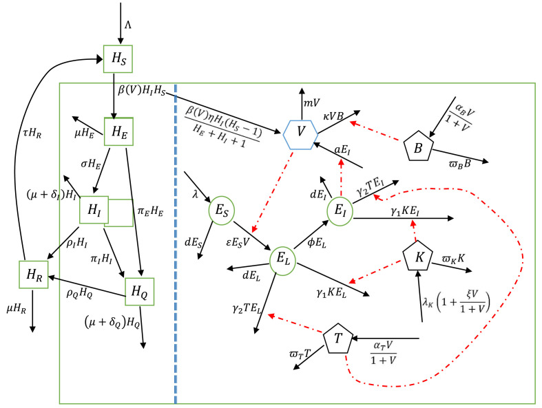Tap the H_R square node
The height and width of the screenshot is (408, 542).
point(32,275)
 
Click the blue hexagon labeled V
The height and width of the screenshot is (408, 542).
point(300,130)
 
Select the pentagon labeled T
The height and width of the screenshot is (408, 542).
point(337,339)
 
